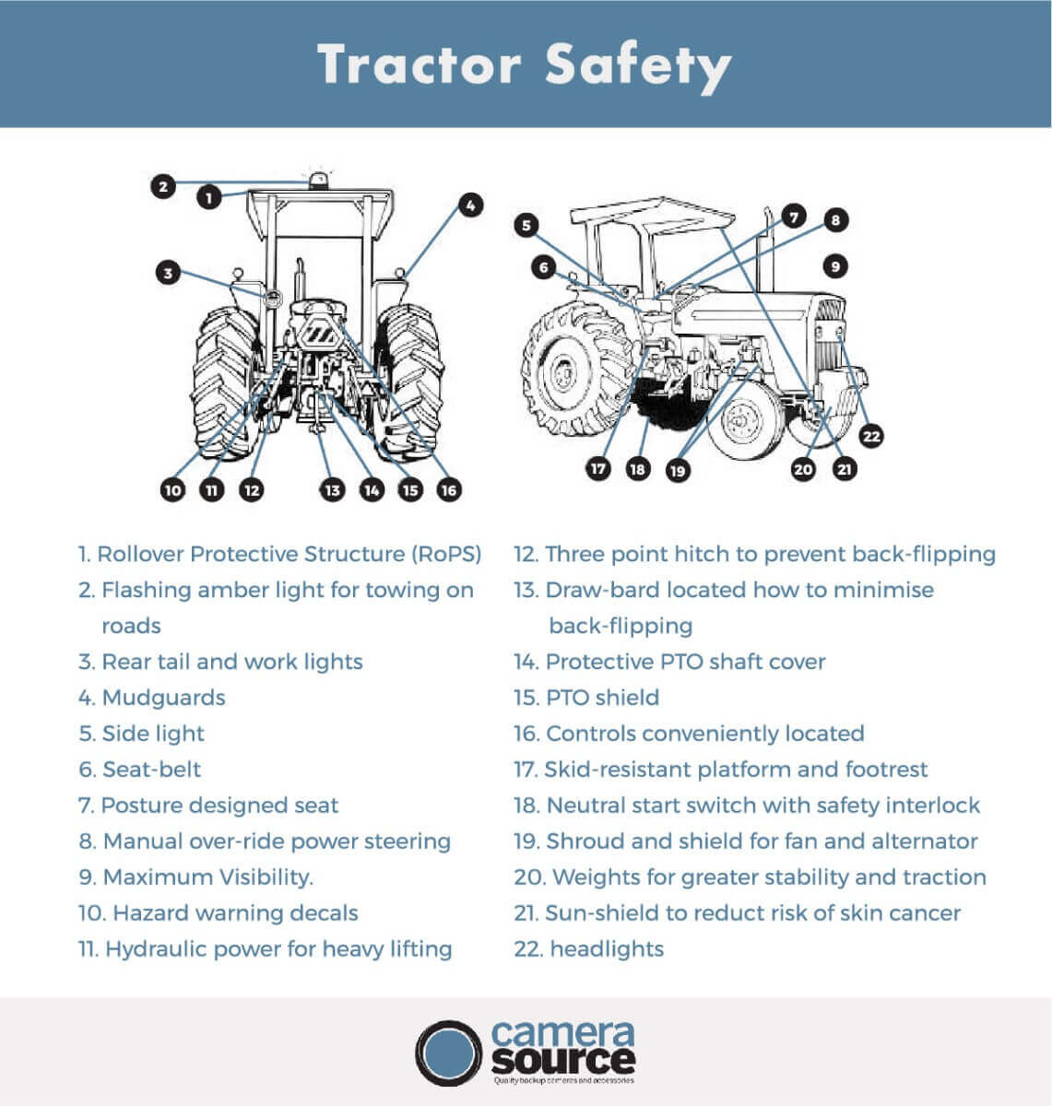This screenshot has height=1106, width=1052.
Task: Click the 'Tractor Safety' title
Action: tap(525, 65)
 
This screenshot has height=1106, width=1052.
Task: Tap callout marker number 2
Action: tap(163, 186)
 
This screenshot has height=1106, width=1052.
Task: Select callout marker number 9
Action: tap(833, 266)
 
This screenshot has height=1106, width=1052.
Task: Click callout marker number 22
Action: tap(870, 436)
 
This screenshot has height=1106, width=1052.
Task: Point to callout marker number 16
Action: tap(449, 490)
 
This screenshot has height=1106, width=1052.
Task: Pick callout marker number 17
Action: tap(598, 468)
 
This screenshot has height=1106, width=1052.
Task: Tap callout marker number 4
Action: tap(470, 206)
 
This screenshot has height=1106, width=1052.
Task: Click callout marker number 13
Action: tap(332, 490)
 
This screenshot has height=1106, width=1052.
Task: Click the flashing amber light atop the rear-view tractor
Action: tap(318, 179)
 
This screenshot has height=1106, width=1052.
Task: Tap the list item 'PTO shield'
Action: tap(602, 698)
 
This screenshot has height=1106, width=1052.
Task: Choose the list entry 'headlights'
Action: tap(606, 948)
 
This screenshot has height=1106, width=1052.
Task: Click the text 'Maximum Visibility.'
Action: tap(207, 877)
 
